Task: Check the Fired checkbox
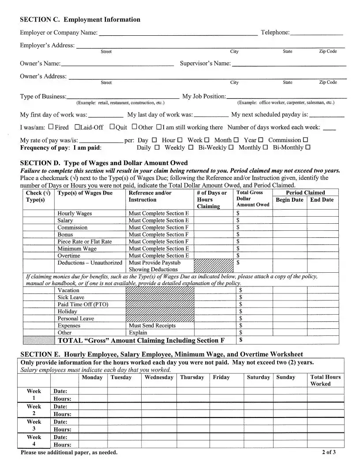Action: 51,127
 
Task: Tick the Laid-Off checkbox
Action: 77,127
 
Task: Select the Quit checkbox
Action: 112,127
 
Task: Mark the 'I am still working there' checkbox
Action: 159,127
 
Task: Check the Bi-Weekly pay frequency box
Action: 231,147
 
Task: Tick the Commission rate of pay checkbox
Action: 306,140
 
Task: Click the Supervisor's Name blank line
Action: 289,65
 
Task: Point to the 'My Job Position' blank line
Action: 286,98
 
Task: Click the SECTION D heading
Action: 104,163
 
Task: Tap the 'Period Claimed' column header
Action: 305,193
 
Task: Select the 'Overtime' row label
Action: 69,256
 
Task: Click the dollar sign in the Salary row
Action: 238,221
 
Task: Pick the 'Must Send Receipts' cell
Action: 152,326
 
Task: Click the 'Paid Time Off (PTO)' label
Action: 83,304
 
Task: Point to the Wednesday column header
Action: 159,377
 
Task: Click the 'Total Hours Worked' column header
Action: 326,380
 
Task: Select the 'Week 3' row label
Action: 34,425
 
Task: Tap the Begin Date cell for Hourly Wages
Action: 289,214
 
